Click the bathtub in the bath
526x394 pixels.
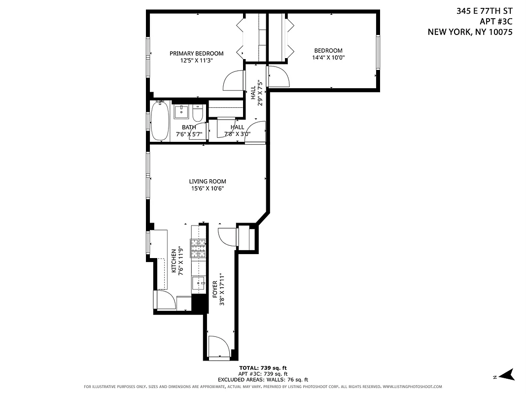coord(160,121)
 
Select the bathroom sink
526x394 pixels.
coord(181,112)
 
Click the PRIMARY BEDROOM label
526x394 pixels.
coord(196,54)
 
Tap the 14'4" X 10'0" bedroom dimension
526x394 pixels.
coord(328,57)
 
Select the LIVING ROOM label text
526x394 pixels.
coord(208,181)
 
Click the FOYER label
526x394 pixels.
coord(214,289)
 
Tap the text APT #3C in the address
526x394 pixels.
coord(495,21)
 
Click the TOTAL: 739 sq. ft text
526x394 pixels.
coord(263,368)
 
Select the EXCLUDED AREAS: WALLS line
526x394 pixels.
coord(263,380)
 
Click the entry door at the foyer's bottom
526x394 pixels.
coord(218,347)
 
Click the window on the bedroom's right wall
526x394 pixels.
coord(378,53)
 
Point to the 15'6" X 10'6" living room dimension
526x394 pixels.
coord(208,188)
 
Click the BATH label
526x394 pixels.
coord(188,127)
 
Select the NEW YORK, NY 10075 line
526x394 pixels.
coord(470,32)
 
